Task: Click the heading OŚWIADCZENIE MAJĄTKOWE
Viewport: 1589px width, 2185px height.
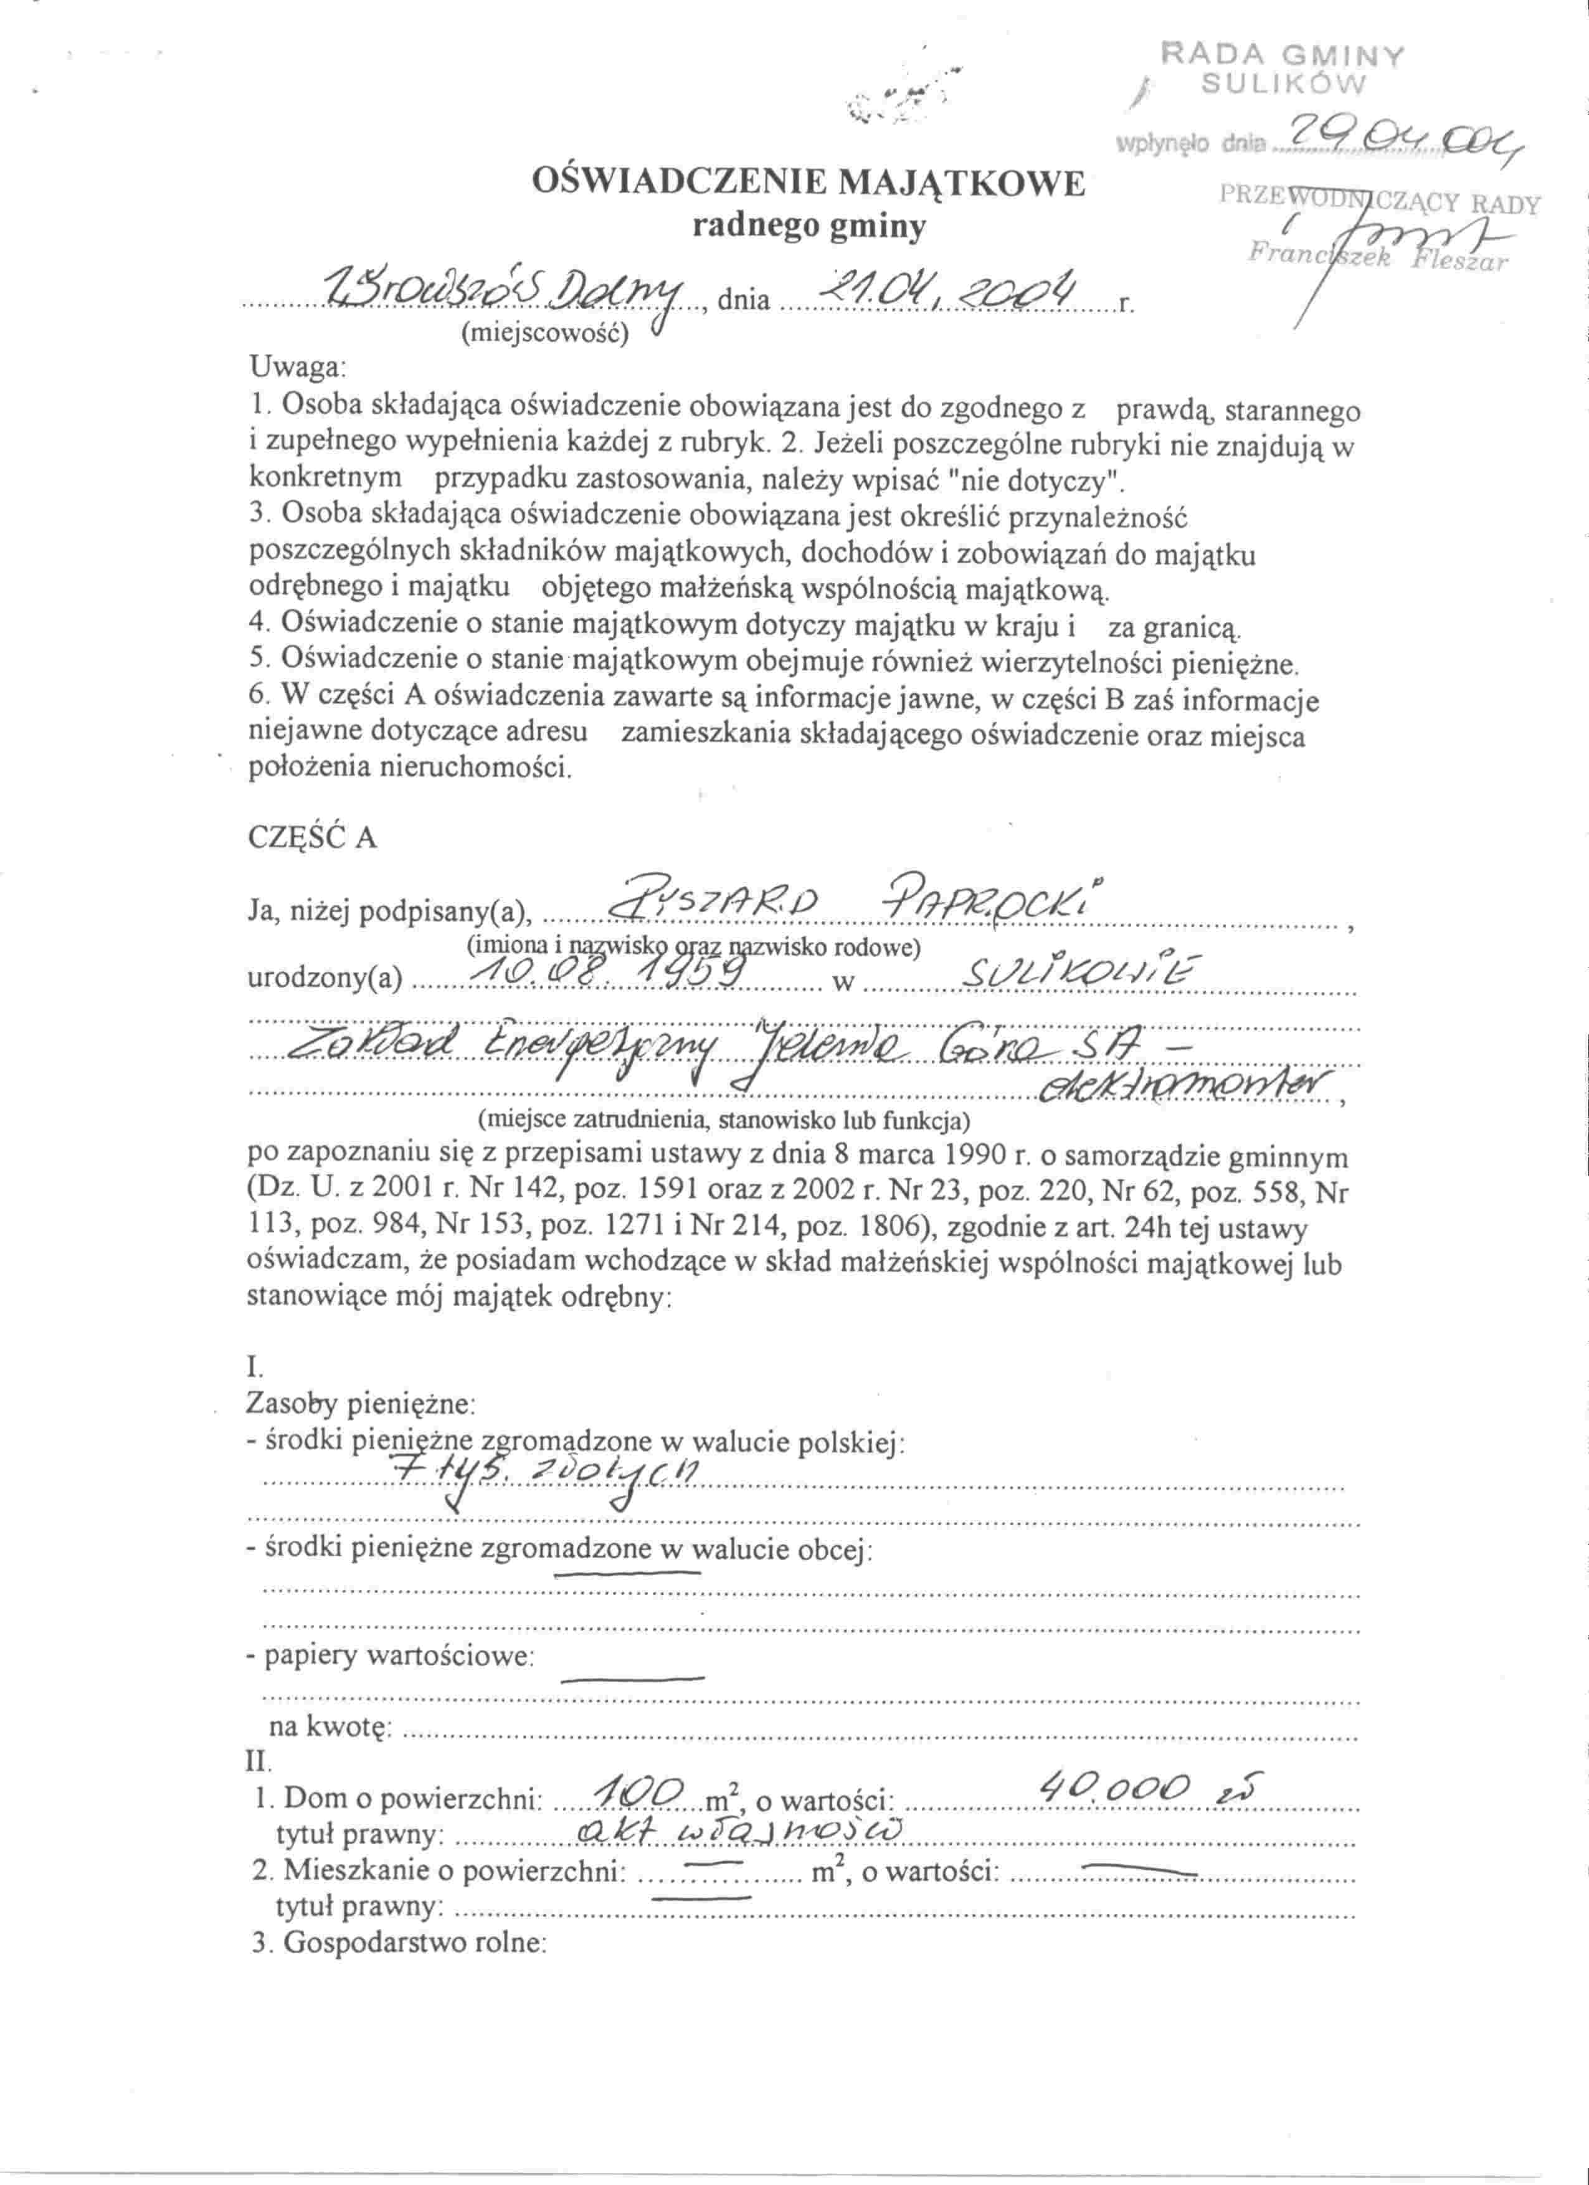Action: (x=808, y=182)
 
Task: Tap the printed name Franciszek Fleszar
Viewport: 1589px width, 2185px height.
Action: (x=1377, y=258)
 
